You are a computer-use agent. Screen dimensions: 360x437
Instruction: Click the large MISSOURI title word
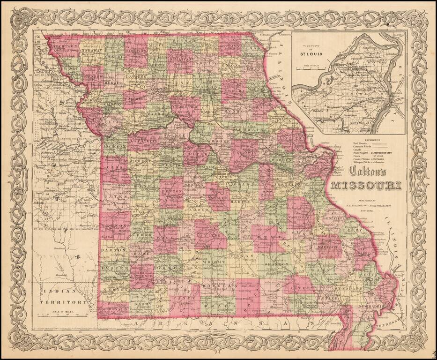(x=366, y=185)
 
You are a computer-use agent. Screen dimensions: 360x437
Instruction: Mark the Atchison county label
(x=64, y=46)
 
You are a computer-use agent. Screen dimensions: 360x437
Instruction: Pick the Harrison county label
(x=136, y=52)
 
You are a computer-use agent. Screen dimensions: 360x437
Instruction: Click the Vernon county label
(x=114, y=226)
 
